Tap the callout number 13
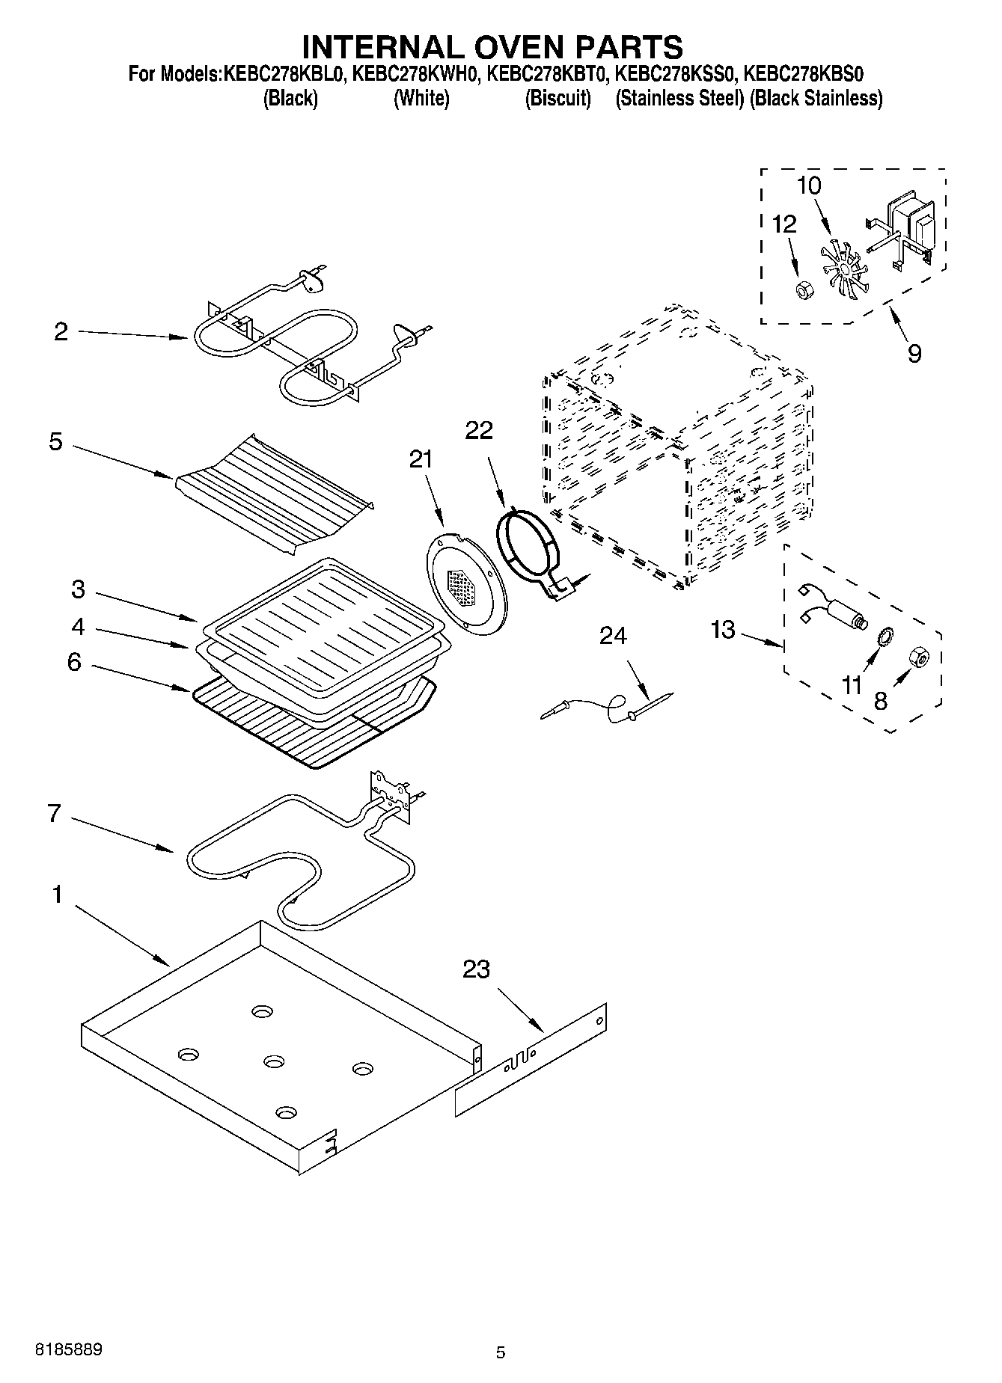pos(722,630)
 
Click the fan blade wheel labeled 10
pos(843,269)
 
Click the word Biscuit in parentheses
pos(558,98)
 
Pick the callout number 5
pos(55,441)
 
